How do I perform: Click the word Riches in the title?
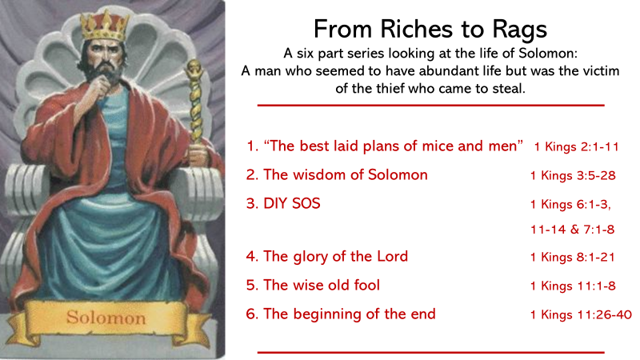point(416,30)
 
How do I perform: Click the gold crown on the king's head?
point(105,26)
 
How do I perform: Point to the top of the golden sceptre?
point(194,67)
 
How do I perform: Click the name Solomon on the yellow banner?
point(106,317)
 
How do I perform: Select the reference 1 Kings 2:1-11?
point(576,146)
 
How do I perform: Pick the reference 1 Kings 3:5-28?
point(573,175)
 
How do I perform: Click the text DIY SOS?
point(292,203)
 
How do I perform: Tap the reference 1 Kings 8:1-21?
point(572,257)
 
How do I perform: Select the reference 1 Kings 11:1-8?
point(573,286)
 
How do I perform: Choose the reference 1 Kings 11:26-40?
point(581,314)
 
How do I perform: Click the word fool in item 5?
point(366,285)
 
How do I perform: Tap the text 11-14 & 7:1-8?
point(572,229)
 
